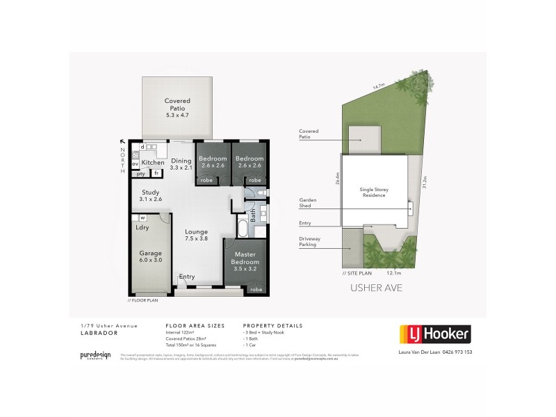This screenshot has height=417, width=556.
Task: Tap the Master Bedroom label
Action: click(x=245, y=259)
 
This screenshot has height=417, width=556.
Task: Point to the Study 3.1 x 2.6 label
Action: click(x=151, y=195)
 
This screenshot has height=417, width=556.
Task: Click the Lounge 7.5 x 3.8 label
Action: click(x=197, y=236)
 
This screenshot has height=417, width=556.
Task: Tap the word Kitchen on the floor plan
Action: click(x=153, y=162)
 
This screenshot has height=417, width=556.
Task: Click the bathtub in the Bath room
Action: click(x=241, y=229)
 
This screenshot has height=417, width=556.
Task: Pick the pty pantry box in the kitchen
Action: click(x=140, y=174)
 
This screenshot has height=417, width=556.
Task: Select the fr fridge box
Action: click(x=157, y=173)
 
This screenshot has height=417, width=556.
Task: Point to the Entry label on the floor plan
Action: click(x=187, y=277)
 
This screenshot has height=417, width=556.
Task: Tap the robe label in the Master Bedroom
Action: click(x=256, y=289)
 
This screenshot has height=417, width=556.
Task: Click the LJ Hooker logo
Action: click(x=433, y=334)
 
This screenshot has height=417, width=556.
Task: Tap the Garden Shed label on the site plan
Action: click(x=307, y=202)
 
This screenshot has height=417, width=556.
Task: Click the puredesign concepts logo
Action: click(x=95, y=355)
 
